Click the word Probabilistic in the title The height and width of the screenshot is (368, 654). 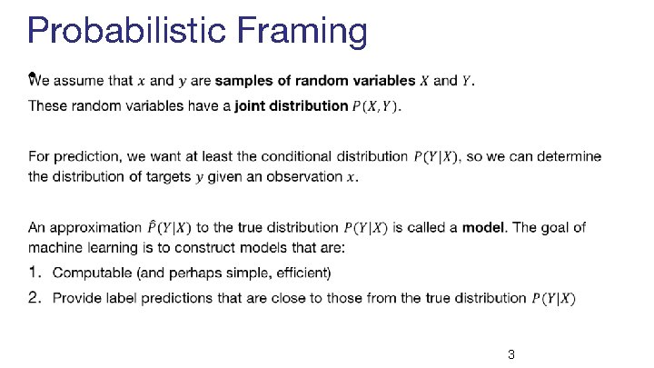click(x=127, y=32)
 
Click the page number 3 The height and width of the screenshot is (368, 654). click(x=511, y=354)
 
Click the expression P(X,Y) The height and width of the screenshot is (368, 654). click(x=376, y=106)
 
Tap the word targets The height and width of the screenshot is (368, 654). click(x=167, y=176)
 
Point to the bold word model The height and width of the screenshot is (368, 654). click(x=483, y=227)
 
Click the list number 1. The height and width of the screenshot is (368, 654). click(x=35, y=273)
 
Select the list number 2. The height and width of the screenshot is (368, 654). click(x=35, y=297)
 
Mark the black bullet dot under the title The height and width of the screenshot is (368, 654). click(x=31, y=75)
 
